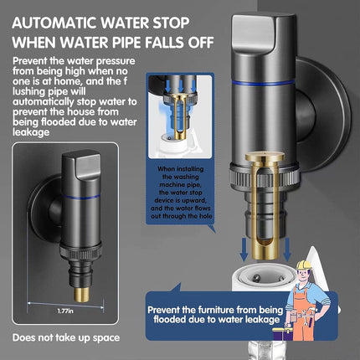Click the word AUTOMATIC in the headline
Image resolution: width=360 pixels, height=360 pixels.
(54, 23)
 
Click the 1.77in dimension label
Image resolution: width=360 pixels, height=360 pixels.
(65, 311)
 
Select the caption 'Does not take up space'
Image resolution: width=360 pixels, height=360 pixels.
(66, 337)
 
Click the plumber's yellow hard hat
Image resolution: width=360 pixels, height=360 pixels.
(303, 265)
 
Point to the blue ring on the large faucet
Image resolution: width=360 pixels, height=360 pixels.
(263, 82)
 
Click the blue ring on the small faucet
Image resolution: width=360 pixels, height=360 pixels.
(81, 197)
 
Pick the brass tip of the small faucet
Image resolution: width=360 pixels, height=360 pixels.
(82, 295)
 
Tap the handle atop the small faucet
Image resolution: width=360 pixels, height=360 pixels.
(83, 165)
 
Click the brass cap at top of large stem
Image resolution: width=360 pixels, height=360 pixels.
(265, 157)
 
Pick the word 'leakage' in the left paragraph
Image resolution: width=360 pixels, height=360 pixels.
(31, 132)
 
